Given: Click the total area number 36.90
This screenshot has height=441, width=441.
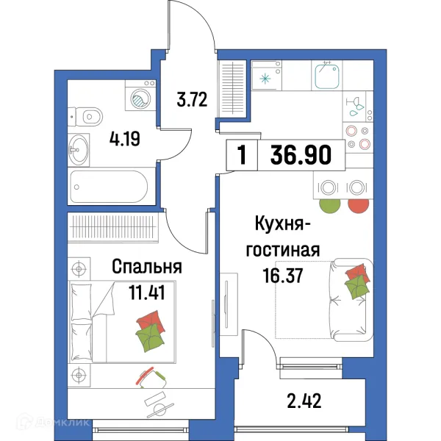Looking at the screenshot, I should (x=301, y=155).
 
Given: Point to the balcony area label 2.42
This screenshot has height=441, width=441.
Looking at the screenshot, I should (x=304, y=402).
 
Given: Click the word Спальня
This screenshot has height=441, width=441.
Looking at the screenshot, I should (x=146, y=266).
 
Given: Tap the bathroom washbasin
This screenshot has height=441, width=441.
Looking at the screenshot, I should (x=80, y=149).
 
